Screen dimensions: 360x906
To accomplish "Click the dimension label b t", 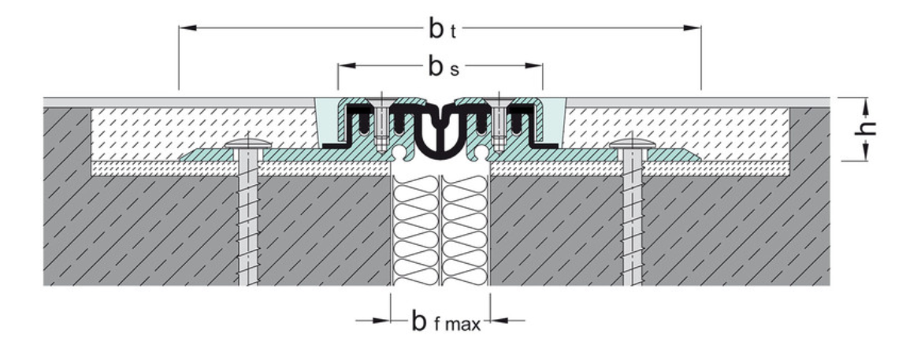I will [440, 30].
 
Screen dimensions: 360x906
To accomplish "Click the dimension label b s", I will [440, 68].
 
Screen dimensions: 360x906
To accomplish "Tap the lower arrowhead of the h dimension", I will [866, 155].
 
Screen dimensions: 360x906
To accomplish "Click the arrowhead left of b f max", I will [384, 320].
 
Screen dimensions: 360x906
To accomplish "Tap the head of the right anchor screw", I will [632, 144].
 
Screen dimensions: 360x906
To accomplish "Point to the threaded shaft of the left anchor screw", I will [249, 221].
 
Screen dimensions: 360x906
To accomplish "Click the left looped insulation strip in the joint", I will [418, 228].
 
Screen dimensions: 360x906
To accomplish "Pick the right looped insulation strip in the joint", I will [465, 228].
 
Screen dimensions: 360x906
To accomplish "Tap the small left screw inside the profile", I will [381, 126].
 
